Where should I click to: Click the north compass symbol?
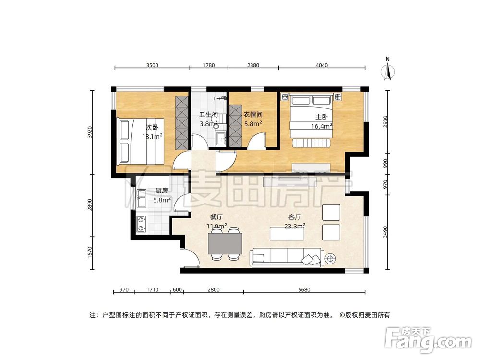pos(388,70)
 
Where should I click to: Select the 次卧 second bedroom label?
pos(152,127)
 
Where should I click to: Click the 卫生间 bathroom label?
pos(209,115)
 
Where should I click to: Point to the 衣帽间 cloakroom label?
pos(252,115)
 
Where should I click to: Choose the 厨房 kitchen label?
pos(161,191)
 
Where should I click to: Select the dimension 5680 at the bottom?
pos(305,289)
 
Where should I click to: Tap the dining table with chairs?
pos(225,244)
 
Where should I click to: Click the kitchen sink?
pos(142,195)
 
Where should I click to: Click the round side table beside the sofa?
pos(331,260)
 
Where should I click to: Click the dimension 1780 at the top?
pos(208,65)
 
